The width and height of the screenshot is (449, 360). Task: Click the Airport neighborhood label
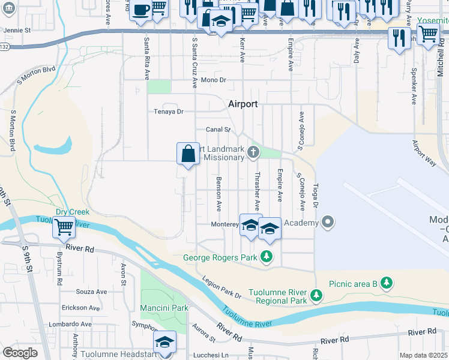[x=243, y=104]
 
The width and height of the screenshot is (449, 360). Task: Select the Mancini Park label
[x=164, y=308]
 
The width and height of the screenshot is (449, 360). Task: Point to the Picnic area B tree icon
[x=387, y=283]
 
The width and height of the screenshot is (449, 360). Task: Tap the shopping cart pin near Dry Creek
[x=64, y=227]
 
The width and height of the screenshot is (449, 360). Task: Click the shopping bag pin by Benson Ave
[x=188, y=154]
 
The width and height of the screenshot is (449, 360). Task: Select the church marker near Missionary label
[x=253, y=152]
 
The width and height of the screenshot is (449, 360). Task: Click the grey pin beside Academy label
[x=327, y=223]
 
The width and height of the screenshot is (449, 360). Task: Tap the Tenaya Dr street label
[x=168, y=112]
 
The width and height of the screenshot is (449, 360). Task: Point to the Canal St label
[x=218, y=129]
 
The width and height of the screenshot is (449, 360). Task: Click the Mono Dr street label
[x=213, y=80]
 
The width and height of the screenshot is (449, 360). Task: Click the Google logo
[x=20, y=353]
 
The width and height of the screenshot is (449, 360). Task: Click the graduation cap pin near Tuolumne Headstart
[x=163, y=342]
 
